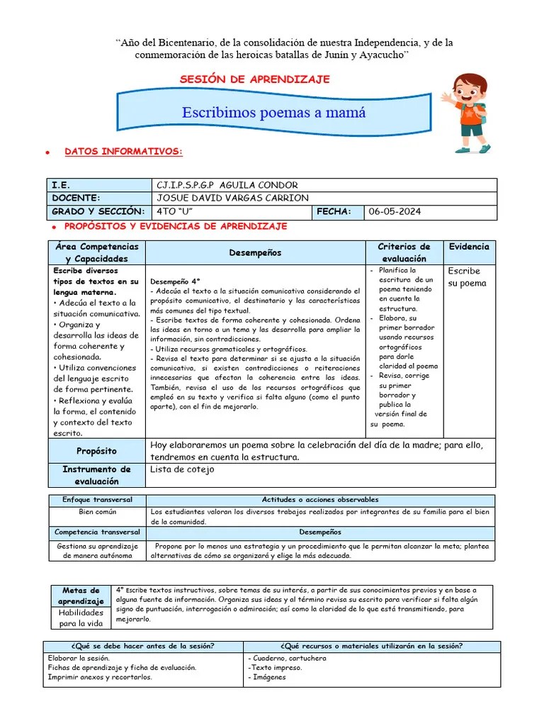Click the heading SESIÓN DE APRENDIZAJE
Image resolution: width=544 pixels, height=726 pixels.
256,79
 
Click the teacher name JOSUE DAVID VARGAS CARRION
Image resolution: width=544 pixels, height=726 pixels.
232,198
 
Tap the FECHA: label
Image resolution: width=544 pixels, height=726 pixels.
334,212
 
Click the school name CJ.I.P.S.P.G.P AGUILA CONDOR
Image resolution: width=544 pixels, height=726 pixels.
227,185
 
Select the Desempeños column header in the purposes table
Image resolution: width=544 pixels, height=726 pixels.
255,252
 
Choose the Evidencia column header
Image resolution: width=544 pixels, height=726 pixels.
469,247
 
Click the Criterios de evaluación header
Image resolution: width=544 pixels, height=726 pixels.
404,252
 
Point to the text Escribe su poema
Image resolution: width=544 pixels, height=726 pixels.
465,277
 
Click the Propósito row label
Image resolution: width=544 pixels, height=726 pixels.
96,451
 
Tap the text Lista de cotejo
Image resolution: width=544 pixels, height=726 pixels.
182,469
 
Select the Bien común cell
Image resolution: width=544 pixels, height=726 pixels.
97,512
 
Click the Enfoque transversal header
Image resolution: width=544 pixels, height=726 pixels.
97,500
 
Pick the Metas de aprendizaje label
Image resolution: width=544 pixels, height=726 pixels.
81,596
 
